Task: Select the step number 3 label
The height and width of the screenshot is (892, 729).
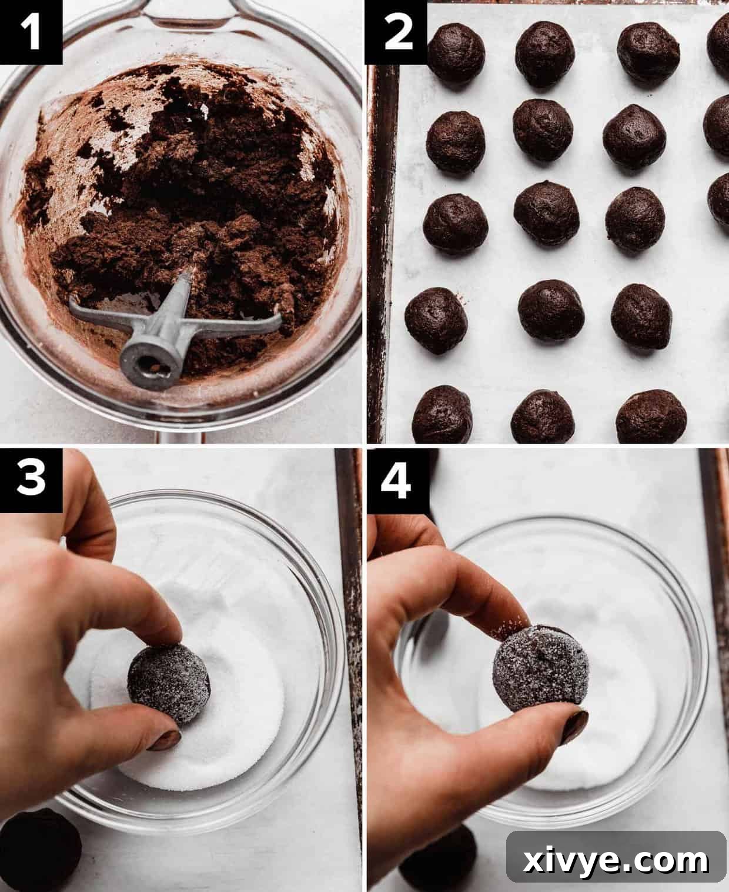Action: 31,480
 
